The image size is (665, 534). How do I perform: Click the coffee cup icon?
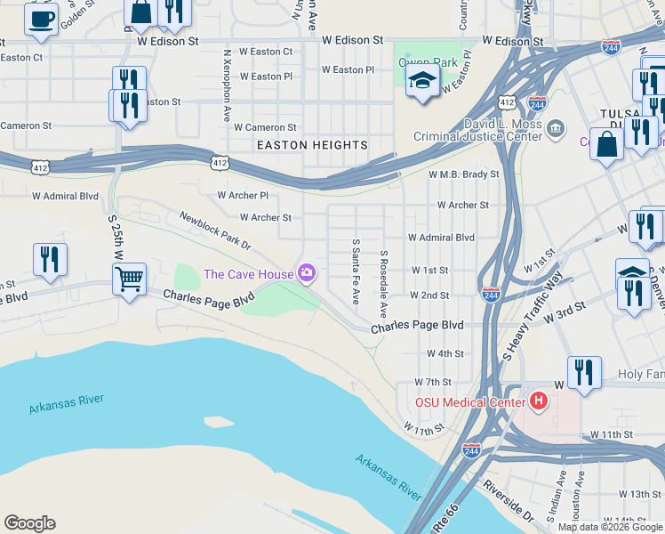[41, 20]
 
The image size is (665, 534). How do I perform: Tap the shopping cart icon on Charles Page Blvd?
[130, 279]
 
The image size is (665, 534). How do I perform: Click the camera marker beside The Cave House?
[307, 272]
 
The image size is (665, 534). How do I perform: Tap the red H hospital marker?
[538, 402]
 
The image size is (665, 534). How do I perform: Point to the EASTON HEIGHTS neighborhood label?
[312, 145]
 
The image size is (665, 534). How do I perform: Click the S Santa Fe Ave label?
[356, 271]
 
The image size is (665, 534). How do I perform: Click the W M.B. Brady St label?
[463, 174]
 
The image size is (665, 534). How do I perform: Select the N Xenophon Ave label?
[228, 85]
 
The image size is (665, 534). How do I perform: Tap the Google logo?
[29, 523]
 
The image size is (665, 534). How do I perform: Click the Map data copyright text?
[609, 527]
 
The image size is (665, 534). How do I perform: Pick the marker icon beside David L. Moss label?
[557, 129]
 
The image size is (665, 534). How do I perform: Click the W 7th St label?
[435, 382]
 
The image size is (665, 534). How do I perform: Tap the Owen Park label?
[428, 62]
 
